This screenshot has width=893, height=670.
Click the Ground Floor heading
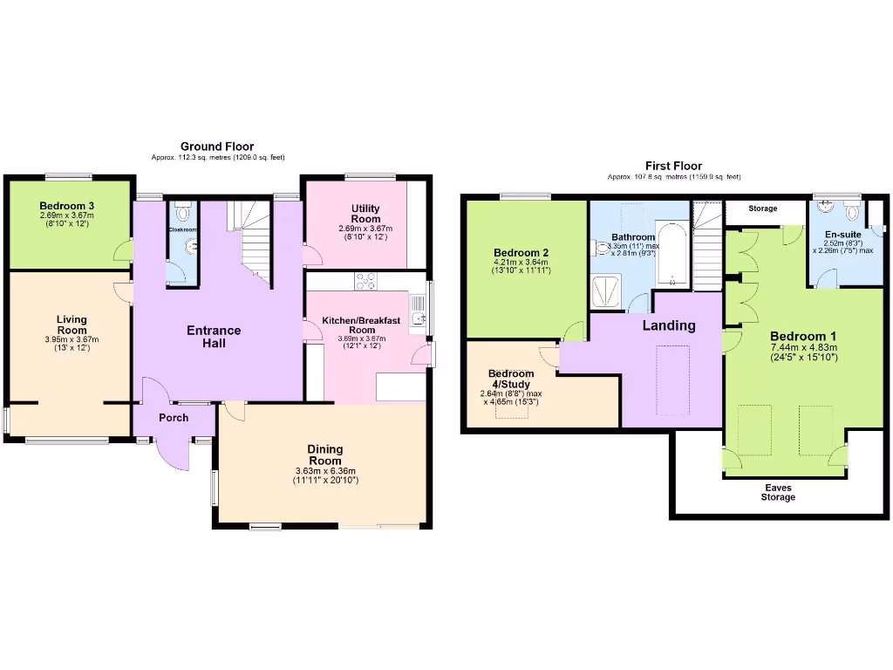pyautogui.click(x=217, y=146)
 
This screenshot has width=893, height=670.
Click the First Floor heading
pyautogui.click(x=673, y=166)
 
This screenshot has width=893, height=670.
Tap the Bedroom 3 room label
pyautogui.click(x=66, y=206)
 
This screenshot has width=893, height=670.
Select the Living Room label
pyautogui.click(x=72, y=325)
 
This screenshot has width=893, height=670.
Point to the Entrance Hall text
pyautogui.click(x=214, y=337)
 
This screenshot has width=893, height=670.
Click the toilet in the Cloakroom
pyautogui.click(x=181, y=212)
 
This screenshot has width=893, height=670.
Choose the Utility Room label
pyautogui.click(x=365, y=214)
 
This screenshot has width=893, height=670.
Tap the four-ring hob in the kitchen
pyautogui.click(x=365, y=281)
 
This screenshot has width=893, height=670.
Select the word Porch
pyautogui.click(x=174, y=418)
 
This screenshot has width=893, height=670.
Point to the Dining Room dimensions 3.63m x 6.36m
pyautogui.click(x=326, y=471)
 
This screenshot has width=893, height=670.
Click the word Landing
pyautogui.click(x=669, y=325)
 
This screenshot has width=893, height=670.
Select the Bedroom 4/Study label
pyautogui.click(x=511, y=379)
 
